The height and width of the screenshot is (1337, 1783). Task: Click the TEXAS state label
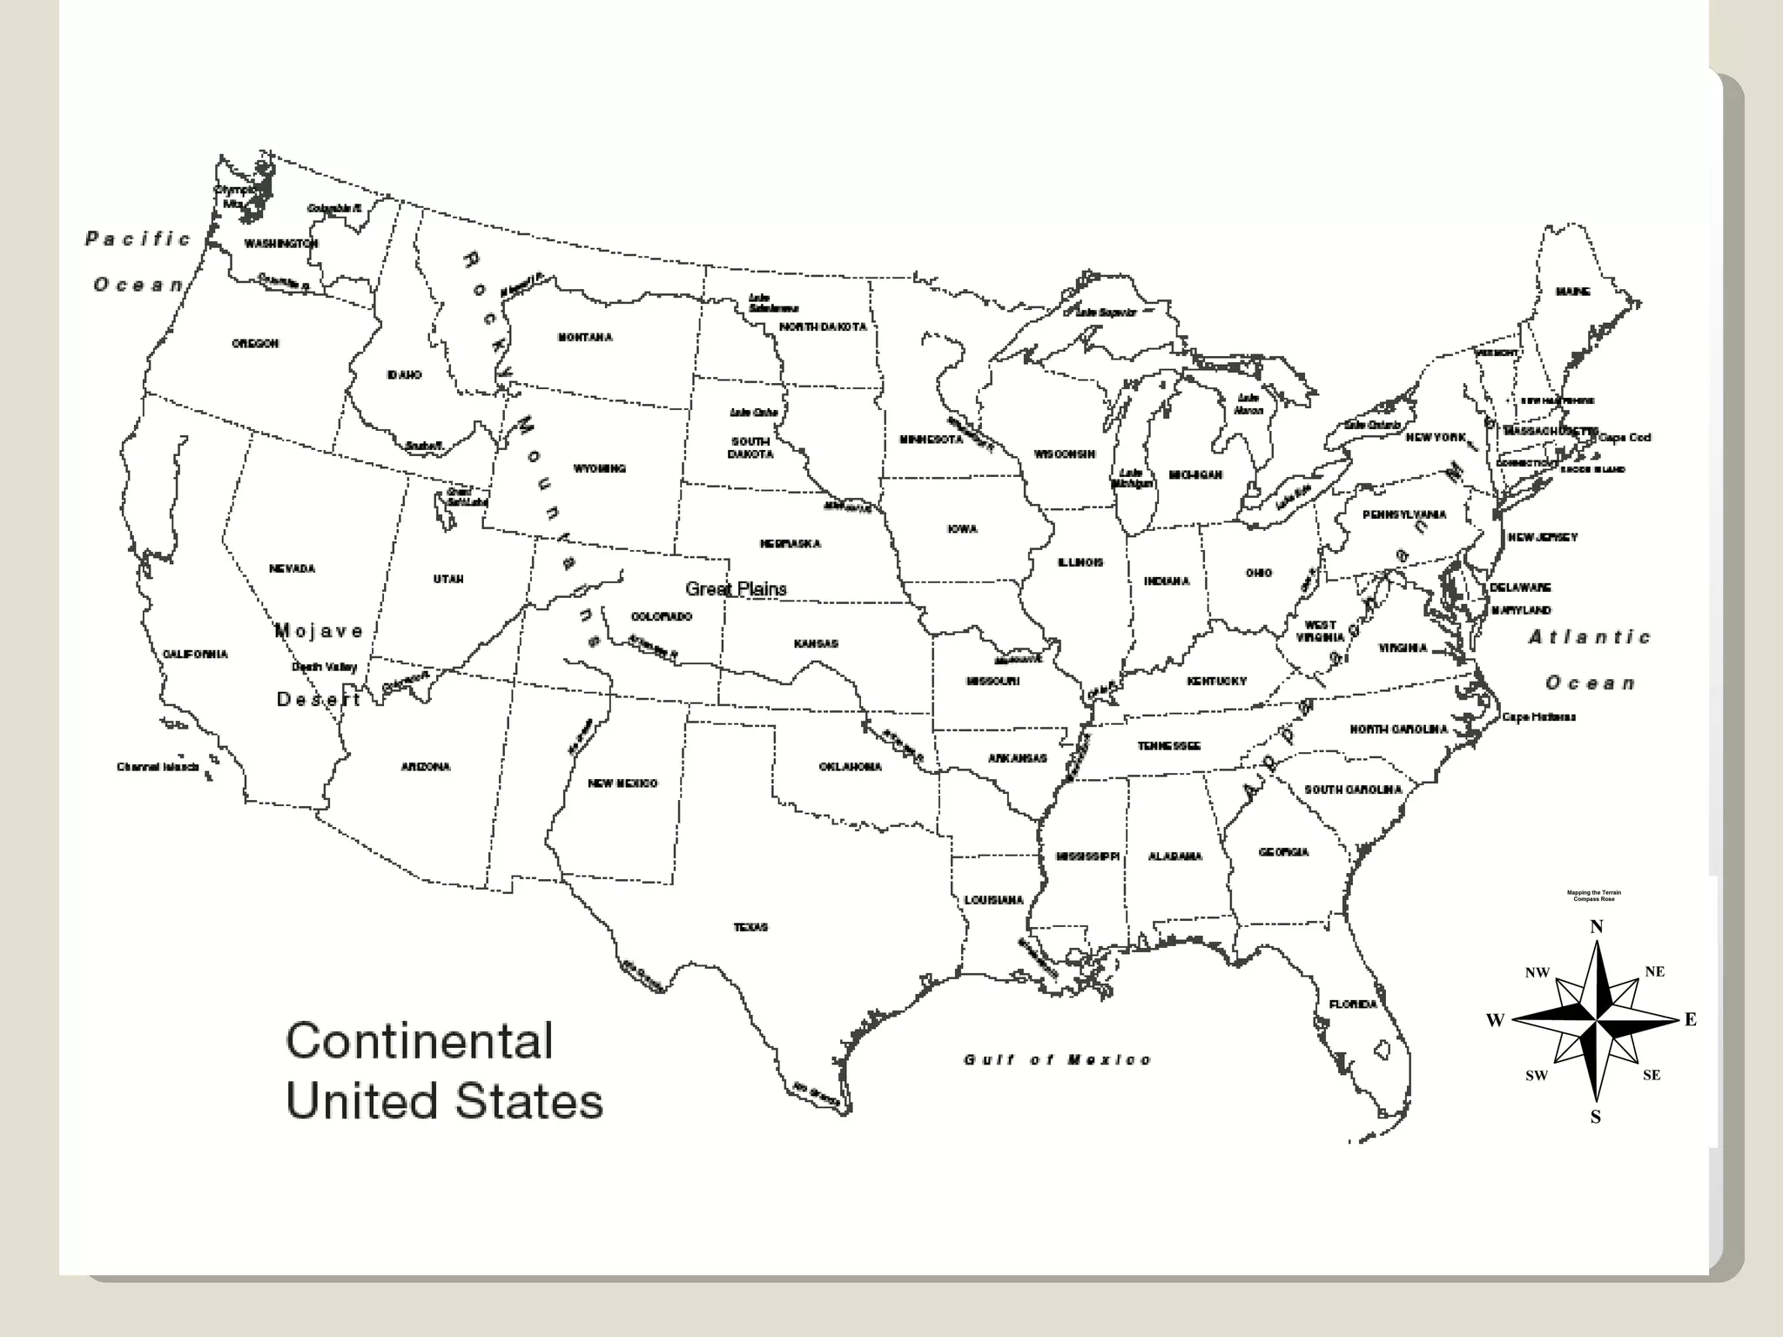click(x=750, y=928)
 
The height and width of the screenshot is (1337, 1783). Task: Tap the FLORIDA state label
click(x=1353, y=1004)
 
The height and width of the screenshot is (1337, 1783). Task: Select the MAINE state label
click(x=1573, y=292)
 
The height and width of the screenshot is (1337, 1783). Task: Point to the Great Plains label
click(x=736, y=589)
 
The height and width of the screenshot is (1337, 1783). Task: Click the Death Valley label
click(x=324, y=667)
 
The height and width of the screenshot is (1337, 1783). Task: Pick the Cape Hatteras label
click(x=1538, y=717)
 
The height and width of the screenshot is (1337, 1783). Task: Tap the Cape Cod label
click(x=1625, y=438)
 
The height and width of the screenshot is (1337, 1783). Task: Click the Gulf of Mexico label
click(x=1058, y=1059)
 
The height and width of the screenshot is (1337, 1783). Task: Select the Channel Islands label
click(x=158, y=767)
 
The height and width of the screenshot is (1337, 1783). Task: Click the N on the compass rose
click(x=1597, y=926)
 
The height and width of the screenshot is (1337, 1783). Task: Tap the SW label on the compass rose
click(x=1537, y=1076)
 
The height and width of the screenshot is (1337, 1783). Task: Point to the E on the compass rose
click(x=1691, y=1020)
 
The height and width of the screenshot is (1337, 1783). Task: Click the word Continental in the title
click(x=420, y=1040)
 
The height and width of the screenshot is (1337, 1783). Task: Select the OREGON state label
click(x=255, y=344)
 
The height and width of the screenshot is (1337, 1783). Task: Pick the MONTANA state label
click(x=585, y=338)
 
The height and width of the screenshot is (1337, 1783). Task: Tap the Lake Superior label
click(x=1106, y=312)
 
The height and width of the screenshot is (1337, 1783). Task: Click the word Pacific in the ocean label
click(x=138, y=239)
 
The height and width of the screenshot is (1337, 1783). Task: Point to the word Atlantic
click(x=1590, y=637)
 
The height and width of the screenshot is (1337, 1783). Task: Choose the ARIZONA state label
click(x=426, y=767)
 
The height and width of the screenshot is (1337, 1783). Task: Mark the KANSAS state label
click(x=816, y=644)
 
